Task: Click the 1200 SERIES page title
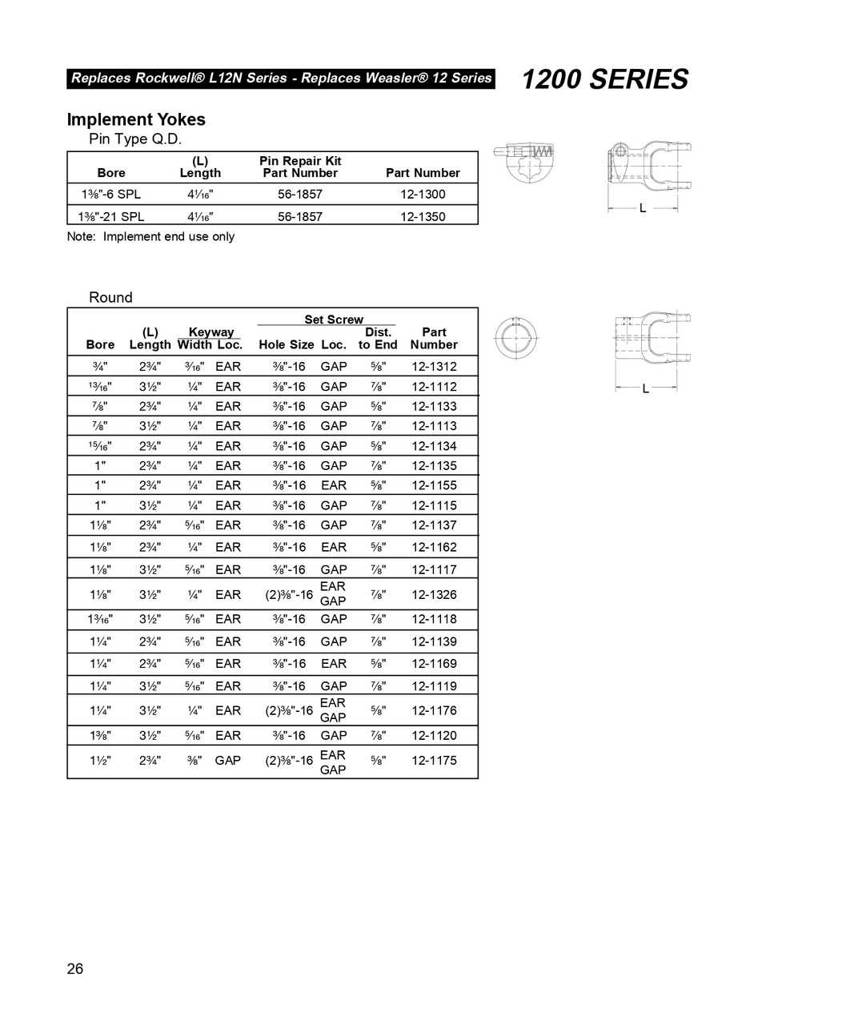(605, 79)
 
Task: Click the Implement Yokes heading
(136, 119)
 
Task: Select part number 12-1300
(423, 194)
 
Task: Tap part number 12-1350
(423, 216)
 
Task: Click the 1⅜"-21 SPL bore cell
(112, 216)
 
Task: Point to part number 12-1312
(434, 366)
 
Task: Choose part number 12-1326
(434, 594)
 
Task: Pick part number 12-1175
(434, 761)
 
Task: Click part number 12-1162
(434, 547)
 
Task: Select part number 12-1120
(434, 735)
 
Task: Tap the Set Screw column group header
(333, 320)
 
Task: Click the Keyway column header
(210, 332)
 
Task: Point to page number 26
(74, 969)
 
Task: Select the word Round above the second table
(110, 297)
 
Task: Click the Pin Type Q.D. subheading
(134, 139)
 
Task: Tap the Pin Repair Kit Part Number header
(300, 167)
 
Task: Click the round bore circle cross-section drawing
(515, 337)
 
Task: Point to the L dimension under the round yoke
(645, 388)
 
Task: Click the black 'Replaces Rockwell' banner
(281, 78)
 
